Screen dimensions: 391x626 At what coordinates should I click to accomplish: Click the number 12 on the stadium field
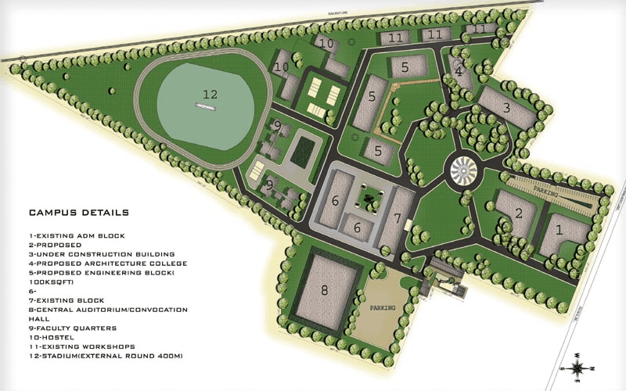(210, 94)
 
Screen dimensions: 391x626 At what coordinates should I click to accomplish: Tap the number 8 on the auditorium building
(325, 290)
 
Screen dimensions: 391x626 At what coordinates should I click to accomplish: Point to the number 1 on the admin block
(559, 229)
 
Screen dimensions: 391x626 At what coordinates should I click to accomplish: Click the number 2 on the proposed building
(517, 213)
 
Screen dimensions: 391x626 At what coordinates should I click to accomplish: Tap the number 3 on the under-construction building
(507, 107)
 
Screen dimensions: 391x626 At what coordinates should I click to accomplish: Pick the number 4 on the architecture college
(459, 72)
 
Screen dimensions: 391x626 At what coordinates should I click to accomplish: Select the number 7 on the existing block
(397, 217)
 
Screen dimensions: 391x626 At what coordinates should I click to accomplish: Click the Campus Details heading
(79, 212)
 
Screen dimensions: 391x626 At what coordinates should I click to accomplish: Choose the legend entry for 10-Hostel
(53, 338)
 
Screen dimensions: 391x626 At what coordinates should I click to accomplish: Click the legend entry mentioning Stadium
(102, 356)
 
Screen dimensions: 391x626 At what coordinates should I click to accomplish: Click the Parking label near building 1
(543, 190)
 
